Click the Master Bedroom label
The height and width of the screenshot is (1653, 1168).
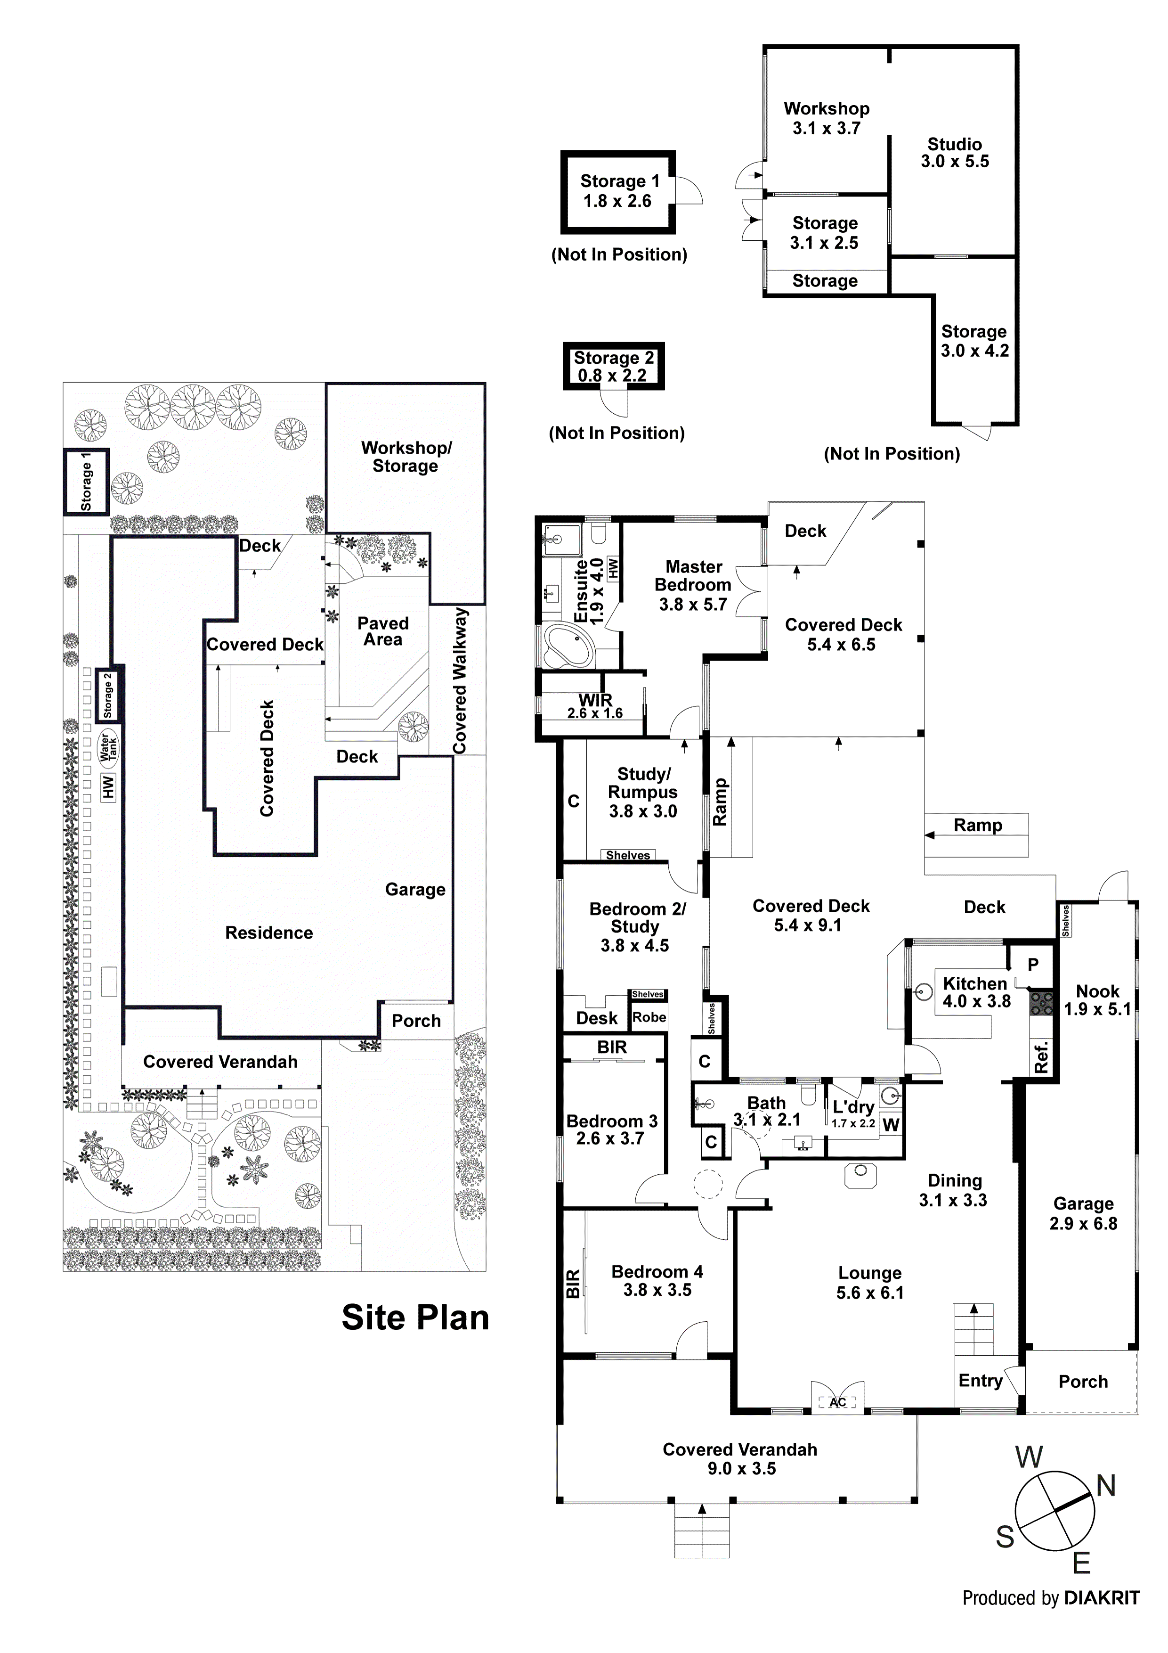pos(693,576)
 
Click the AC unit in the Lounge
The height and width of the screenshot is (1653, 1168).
pos(837,1402)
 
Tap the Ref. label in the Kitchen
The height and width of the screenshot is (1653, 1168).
pos(1041,1057)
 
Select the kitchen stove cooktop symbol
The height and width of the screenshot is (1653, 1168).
pos(1041,1003)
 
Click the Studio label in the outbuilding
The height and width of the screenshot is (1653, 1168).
pos(954,144)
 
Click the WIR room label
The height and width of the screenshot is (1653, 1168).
pos(595,700)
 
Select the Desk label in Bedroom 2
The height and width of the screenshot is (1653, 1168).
pos(597,1018)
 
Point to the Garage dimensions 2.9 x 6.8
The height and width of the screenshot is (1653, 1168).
pos(1083,1224)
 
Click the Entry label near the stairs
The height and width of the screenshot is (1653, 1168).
pos(980,1381)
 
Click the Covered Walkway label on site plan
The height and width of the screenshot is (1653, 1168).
pos(460,680)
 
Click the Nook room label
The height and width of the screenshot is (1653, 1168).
pos(1097,991)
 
